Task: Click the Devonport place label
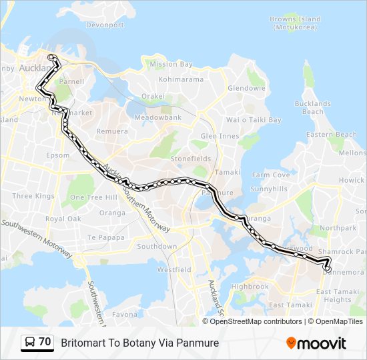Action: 105,25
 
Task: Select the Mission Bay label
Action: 171,65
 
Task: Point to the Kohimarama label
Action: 181,79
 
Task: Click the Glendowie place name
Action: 247,88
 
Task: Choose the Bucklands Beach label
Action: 312,107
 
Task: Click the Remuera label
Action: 112,131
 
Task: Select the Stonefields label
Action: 190,159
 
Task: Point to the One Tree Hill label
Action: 94,197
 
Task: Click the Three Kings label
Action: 33,196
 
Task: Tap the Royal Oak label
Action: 63,219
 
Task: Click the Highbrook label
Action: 250,287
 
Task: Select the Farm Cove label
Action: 270,175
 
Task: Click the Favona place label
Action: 124,314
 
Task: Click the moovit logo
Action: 316,343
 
